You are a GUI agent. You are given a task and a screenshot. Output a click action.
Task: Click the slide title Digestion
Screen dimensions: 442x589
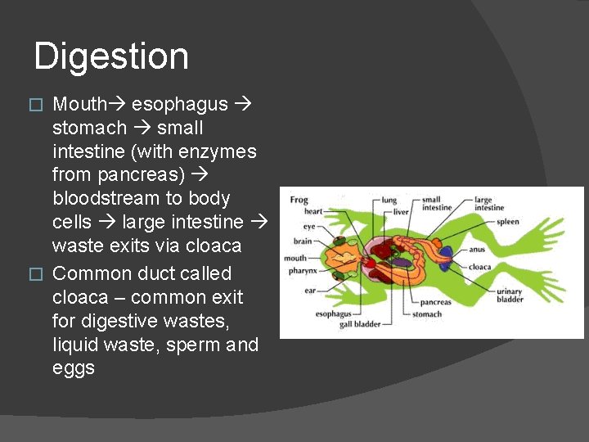(111, 56)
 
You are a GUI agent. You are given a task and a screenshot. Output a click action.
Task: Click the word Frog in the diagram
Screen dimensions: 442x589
(299, 200)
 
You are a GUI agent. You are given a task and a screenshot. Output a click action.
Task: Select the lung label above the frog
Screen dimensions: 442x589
(389, 200)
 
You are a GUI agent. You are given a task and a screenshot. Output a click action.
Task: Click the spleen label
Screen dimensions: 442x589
(507, 222)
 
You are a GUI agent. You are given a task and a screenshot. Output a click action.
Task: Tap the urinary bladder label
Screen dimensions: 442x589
(510, 295)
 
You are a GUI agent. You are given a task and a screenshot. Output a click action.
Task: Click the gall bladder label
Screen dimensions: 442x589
(360, 325)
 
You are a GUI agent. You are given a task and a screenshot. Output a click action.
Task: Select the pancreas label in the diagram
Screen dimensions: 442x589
(436, 303)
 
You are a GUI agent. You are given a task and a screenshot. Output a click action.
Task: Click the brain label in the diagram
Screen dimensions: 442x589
(303, 241)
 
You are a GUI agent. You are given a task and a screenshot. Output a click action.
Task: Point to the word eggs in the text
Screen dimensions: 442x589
(74, 368)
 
